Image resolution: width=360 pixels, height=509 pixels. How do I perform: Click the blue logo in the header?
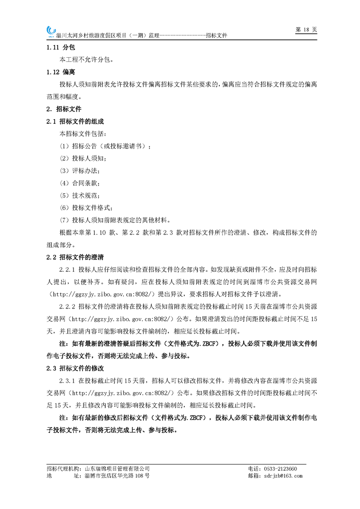(x=50, y=30)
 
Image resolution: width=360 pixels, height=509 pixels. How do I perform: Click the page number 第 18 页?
(x=306, y=29)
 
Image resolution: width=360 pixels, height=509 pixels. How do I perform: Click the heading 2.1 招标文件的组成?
(x=75, y=122)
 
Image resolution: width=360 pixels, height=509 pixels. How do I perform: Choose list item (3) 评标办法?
(x=80, y=171)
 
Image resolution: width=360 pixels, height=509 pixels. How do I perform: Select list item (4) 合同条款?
(x=80, y=183)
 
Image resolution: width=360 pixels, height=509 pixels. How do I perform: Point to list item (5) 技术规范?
(x=80, y=195)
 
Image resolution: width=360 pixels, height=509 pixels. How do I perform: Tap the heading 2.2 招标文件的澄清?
(x=75, y=257)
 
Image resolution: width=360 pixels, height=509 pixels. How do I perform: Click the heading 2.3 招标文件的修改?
(x=75, y=368)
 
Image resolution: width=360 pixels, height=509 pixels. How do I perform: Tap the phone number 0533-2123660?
(x=280, y=469)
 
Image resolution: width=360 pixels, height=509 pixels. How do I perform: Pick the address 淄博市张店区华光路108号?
(x=117, y=476)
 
